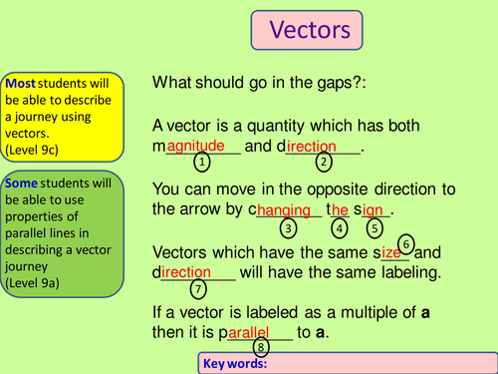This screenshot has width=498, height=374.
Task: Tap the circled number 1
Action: pyautogui.click(x=201, y=162)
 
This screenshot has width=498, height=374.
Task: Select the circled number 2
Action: pyautogui.click(x=324, y=162)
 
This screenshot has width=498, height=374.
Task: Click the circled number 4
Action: pyautogui.click(x=340, y=227)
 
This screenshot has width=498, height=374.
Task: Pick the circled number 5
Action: pyautogui.click(x=374, y=227)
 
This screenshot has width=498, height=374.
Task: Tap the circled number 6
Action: pyautogui.click(x=406, y=243)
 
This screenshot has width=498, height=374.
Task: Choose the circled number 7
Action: pyautogui.click(x=197, y=289)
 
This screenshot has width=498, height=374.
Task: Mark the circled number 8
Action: pyautogui.click(x=261, y=346)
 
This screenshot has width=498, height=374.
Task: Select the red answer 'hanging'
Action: pyautogui.click(x=286, y=210)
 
